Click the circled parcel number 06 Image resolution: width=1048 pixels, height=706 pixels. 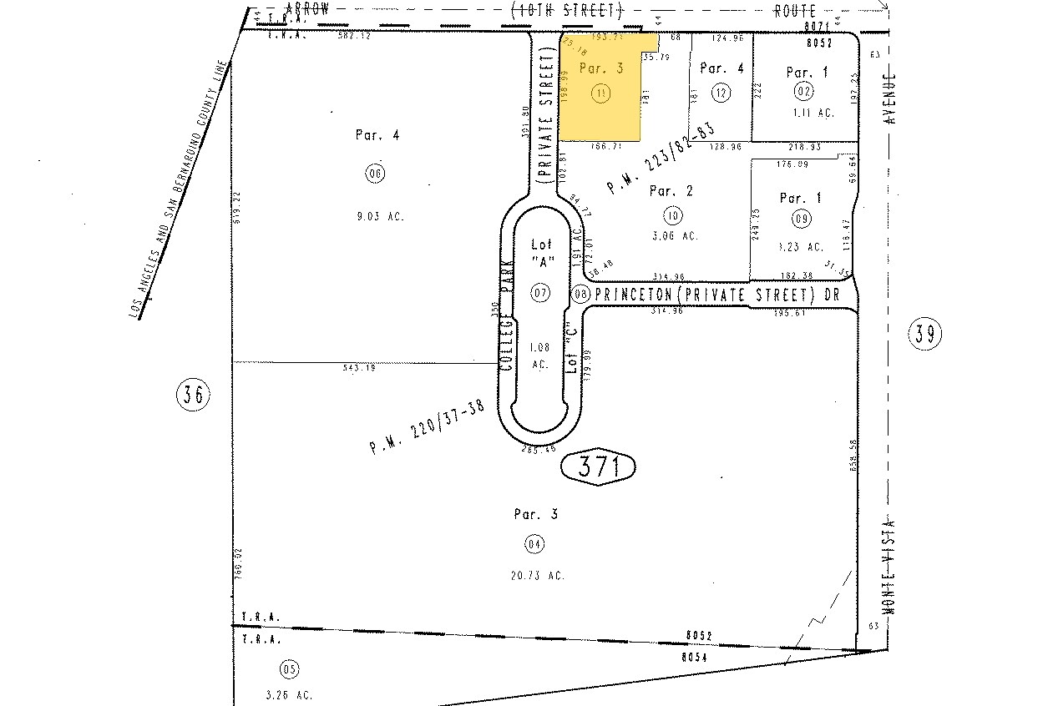[x=374, y=174]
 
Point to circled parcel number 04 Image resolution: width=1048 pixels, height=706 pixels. [x=534, y=544]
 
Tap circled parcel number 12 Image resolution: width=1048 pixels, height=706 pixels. [x=720, y=92]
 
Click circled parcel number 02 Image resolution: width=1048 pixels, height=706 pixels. [x=804, y=90]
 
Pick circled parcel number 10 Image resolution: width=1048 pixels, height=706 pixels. [x=673, y=216]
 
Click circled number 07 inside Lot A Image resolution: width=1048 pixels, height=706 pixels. [x=540, y=291]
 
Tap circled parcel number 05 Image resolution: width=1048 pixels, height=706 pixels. [x=290, y=668]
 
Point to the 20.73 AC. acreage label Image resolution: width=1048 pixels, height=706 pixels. [x=539, y=575]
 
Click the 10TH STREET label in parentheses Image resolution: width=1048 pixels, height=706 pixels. [x=567, y=11]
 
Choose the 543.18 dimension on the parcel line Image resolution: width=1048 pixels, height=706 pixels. [x=360, y=367]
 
